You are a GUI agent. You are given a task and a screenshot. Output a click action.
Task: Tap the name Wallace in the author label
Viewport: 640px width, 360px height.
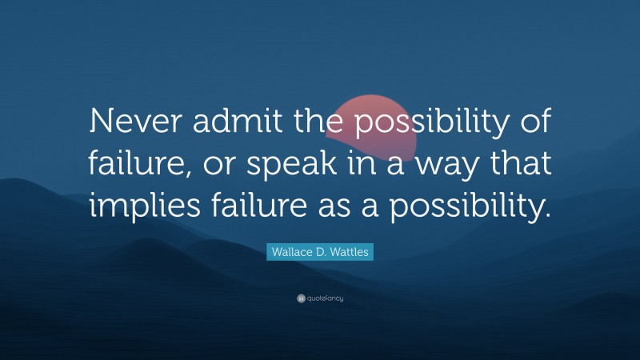[x=285, y=252]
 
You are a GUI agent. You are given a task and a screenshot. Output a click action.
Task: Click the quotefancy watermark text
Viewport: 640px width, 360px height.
[x=323, y=298]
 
